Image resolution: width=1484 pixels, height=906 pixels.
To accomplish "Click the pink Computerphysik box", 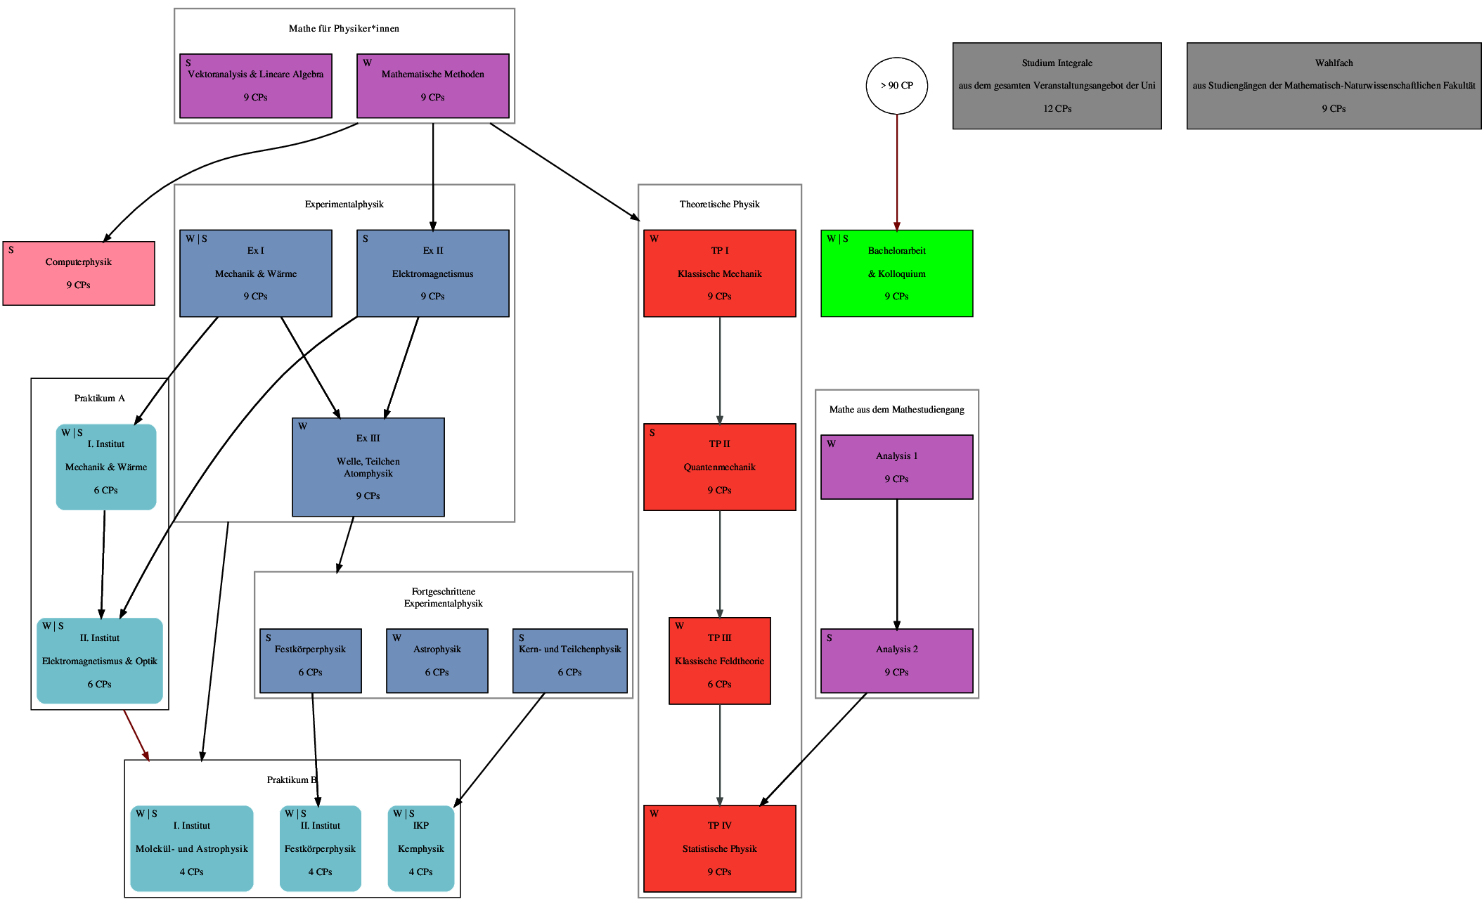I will pyautogui.click(x=79, y=273).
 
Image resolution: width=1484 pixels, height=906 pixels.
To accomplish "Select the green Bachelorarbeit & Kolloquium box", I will pyautogui.click(x=896, y=273).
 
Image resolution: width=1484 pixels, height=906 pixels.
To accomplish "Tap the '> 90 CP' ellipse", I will pyautogui.click(x=896, y=86).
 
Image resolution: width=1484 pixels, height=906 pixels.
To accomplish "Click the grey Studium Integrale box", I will pyautogui.click(x=1057, y=86).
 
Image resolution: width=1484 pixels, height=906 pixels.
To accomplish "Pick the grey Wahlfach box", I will pyautogui.click(x=1334, y=86).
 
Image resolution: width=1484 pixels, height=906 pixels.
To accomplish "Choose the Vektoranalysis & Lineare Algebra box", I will pyautogui.click(x=256, y=86).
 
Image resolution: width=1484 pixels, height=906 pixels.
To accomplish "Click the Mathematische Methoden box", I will pyautogui.click(x=433, y=86).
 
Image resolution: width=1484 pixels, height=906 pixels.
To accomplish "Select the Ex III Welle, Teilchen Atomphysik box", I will pyautogui.click(x=368, y=467).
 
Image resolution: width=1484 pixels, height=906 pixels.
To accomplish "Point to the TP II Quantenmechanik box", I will pyautogui.click(x=719, y=467).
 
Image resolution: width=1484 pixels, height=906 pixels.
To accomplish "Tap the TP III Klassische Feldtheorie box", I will pyautogui.click(x=719, y=661).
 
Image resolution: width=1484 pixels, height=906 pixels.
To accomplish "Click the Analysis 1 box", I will pyautogui.click(x=896, y=467).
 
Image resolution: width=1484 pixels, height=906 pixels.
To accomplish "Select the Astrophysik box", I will pyautogui.click(x=437, y=661).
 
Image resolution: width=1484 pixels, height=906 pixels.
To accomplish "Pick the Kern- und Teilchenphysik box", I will pyautogui.click(x=569, y=661).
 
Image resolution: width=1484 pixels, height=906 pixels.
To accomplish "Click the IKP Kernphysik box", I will pyautogui.click(x=420, y=848).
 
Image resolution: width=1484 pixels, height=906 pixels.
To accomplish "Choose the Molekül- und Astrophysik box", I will pyautogui.click(x=191, y=848).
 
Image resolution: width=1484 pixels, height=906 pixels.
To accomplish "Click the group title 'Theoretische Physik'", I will pyautogui.click(x=719, y=205).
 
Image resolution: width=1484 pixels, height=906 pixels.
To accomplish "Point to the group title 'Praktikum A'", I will pyautogui.click(x=100, y=399).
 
